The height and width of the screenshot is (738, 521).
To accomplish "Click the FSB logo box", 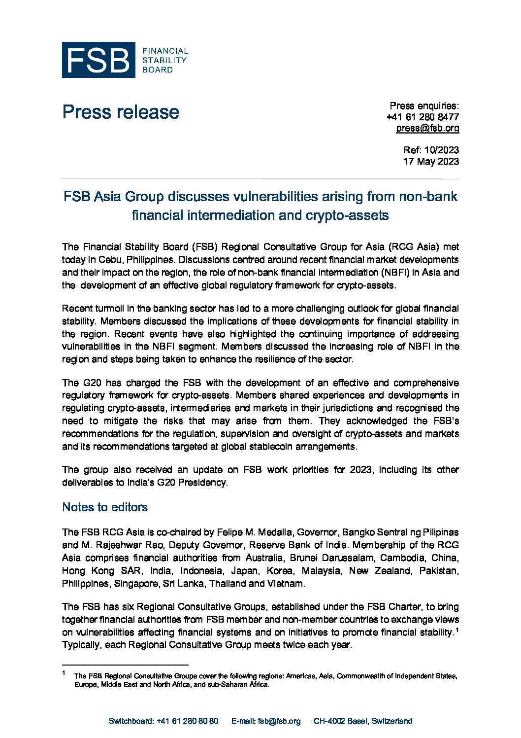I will click(x=98, y=60).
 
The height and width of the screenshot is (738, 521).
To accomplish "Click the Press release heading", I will click(x=121, y=112).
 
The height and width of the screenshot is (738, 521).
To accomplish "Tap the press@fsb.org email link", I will click(x=427, y=128).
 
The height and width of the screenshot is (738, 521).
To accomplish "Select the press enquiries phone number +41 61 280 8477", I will click(x=423, y=117).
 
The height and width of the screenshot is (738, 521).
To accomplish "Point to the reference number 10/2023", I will click(x=441, y=150).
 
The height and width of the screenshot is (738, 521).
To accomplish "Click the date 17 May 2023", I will click(x=431, y=161).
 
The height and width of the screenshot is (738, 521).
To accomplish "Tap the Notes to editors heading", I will click(x=105, y=507).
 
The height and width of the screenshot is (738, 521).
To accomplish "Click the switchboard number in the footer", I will click(x=187, y=721).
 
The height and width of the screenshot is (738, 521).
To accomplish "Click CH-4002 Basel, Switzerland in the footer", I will click(x=363, y=721).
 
